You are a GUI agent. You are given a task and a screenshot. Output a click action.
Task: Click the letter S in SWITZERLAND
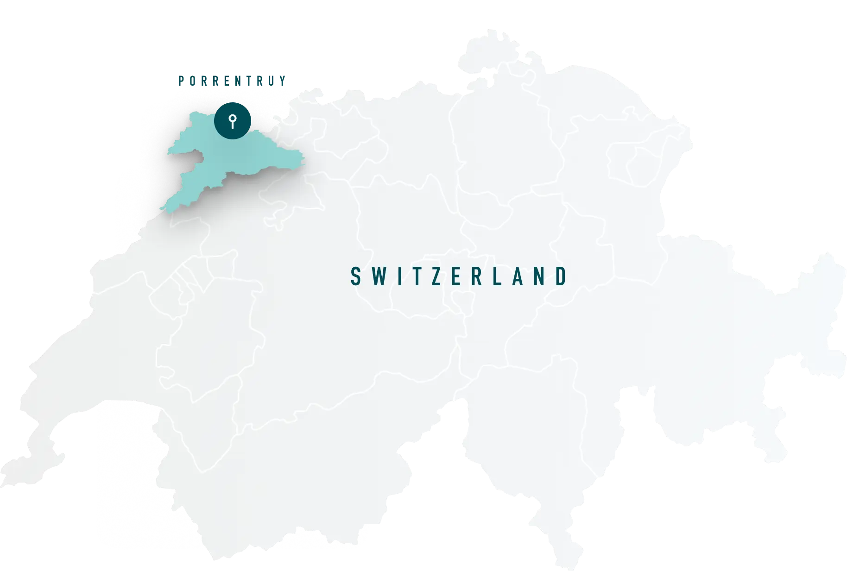coord(355,276)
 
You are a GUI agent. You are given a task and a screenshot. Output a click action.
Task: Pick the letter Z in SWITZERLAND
coord(436,276)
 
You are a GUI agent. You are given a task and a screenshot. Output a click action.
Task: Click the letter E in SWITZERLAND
coord(456,276)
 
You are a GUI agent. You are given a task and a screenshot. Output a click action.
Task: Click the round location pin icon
coord(233,121)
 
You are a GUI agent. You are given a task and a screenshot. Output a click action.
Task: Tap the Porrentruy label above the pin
coord(232,81)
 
